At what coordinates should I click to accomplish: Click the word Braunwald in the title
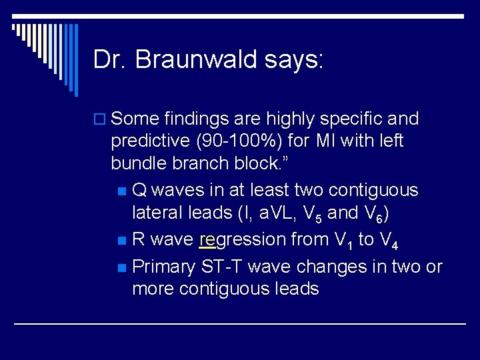199,59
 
